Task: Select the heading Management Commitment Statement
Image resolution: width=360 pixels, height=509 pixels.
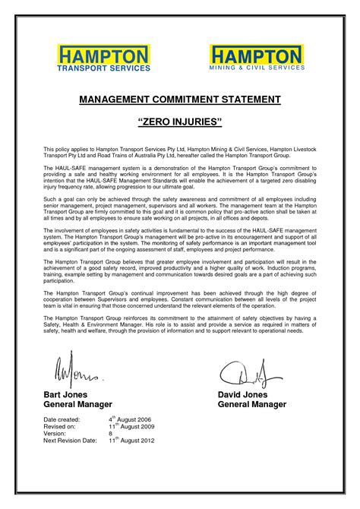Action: pyautogui.click(x=180, y=100)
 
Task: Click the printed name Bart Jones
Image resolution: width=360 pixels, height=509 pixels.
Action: pyautogui.click(x=65, y=395)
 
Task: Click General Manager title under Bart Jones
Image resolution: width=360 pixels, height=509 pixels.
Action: pyautogui.click(x=78, y=405)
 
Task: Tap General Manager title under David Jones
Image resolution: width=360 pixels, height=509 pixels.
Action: pyautogui.click(x=252, y=405)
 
